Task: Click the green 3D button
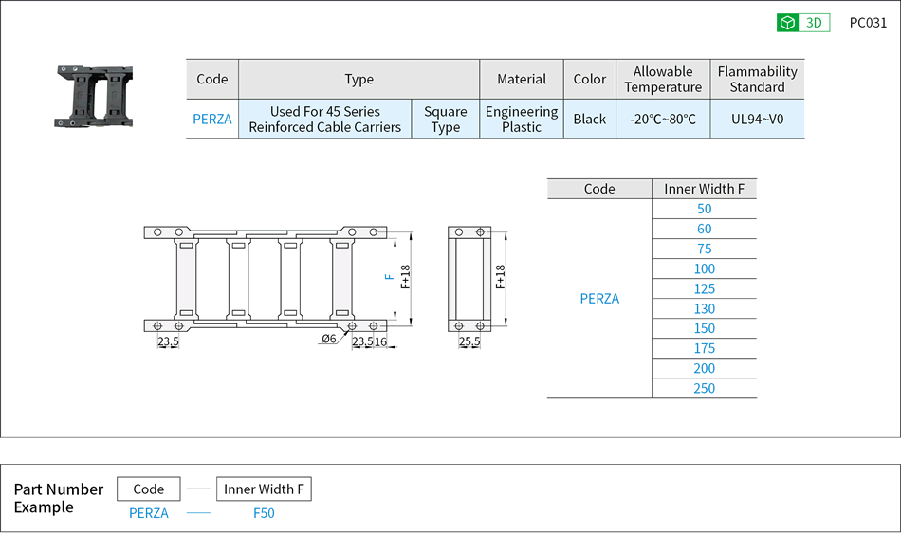[802, 23]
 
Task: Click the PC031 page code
[868, 23]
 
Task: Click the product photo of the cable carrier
[93, 96]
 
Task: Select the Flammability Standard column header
[757, 79]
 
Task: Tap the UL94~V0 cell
[757, 120]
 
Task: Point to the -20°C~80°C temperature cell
[663, 120]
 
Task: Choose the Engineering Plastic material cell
[522, 120]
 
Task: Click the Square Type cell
[445, 120]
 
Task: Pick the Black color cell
[589, 120]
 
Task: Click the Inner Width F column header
[704, 189]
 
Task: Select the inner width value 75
[704, 249]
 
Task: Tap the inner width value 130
[704, 308]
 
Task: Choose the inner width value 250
[704, 388]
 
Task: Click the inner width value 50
[704, 209]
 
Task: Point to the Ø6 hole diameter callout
[329, 340]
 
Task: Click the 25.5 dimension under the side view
[469, 341]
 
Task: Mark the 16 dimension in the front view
[380, 341]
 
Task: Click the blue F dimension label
[389, 277]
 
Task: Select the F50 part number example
[264, 513]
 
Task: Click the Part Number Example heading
[58, 498]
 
